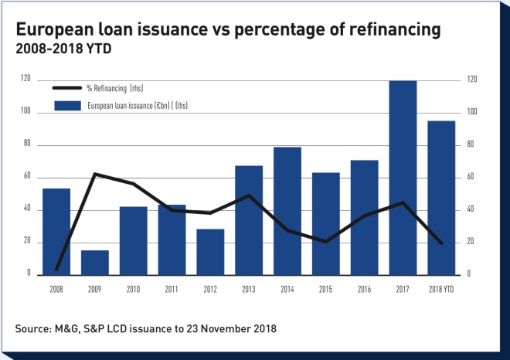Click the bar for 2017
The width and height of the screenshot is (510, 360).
click(x=403, y=177)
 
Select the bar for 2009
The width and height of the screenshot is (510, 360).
click(x=95, y=262)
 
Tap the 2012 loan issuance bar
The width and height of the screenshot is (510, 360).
click(x=210, y=251)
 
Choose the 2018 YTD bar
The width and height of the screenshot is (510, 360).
click(x=441, y=197)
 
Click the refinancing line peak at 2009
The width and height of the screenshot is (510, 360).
click(x=95, y=174)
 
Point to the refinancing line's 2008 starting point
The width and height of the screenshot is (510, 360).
click(x=56, y=270)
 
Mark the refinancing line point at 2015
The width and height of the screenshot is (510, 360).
click(x=326, y=242)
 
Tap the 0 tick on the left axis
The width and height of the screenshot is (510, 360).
click(x=29, y=274)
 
